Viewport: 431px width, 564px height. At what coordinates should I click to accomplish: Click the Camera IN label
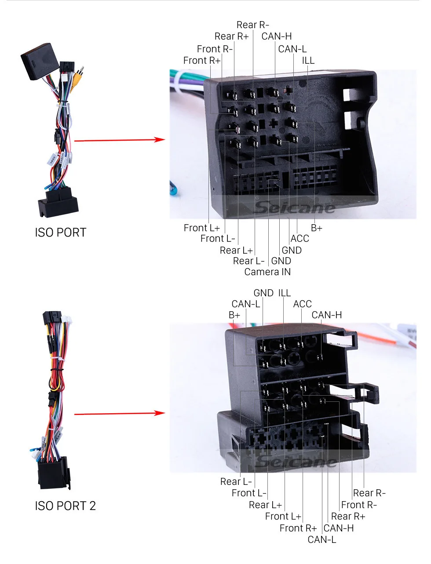click(267, 272)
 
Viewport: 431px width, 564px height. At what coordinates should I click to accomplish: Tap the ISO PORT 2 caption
click(65, 506)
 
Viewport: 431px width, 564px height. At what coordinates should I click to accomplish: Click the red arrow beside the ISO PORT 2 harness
click(119, 413)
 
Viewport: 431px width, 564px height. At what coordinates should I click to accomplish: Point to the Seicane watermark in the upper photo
click(295, 207)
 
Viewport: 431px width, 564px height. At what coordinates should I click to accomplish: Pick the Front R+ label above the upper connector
click(201, 61)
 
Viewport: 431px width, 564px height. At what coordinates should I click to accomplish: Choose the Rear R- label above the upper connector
click(252, 25)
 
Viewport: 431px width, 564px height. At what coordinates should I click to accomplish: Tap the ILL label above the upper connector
click(308, 61)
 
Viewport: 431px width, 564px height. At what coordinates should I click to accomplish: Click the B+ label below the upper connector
click(316, 228)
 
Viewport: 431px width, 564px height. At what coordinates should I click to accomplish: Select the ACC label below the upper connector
click(300, 239)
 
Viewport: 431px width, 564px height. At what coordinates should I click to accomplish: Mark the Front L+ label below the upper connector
click(201, 228)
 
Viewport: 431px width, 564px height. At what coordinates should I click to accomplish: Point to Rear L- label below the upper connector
click(248, 261)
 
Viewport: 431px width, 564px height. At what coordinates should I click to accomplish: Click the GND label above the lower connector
click(263, 293)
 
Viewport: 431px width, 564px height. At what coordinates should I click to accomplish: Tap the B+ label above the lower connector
click(234, 315)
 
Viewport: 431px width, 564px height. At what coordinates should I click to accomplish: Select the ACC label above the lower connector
click(302, 304)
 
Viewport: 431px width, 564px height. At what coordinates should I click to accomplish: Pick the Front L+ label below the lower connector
click(283, 517)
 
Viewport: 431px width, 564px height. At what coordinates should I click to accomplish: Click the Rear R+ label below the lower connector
click(348, 517)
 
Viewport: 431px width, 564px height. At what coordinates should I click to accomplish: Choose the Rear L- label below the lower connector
click(236, 482)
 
